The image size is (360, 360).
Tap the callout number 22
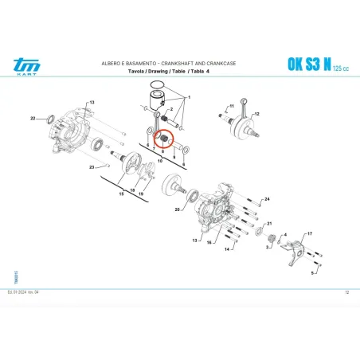33,118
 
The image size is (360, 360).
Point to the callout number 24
268,198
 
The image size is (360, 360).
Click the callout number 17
310,233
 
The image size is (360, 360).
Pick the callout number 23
92,167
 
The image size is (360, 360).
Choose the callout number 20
176,209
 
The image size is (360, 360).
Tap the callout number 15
121,193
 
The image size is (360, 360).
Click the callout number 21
268,225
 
